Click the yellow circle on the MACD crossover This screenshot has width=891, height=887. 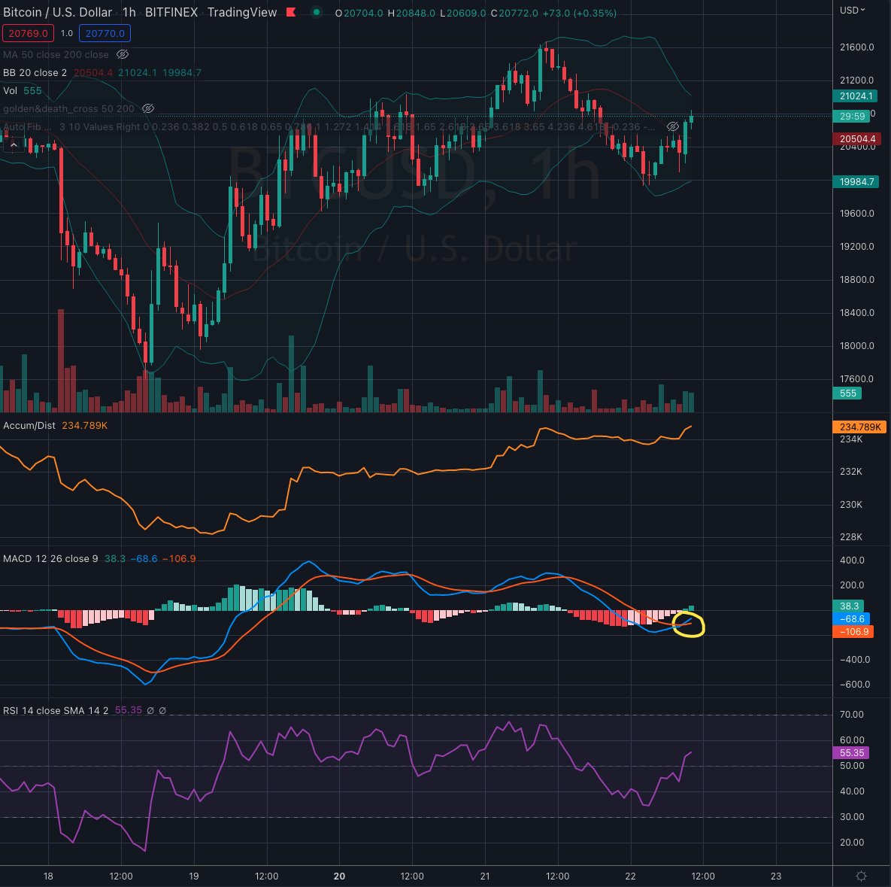(688, 625)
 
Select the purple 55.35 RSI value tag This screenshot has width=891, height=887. (853, 752)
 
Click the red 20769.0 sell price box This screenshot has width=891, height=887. (28, 33)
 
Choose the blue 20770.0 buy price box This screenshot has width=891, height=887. (106, 33)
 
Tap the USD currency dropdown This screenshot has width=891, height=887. (853, 11)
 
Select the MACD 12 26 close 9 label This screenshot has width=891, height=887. (50, 559)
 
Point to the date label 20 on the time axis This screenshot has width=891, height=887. (339, 876)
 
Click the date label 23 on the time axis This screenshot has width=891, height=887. (777, 876)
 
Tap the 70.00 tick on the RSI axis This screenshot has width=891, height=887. (853, 715)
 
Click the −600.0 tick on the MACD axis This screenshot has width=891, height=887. (856, 685)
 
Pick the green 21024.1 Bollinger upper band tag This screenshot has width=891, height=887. (857, 96)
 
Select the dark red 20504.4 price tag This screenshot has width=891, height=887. (857, 139)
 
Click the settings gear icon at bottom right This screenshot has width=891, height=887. (862, 876)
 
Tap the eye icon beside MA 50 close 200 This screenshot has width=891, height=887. (123, 54)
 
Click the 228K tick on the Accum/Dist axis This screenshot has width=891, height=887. (851, 537)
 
